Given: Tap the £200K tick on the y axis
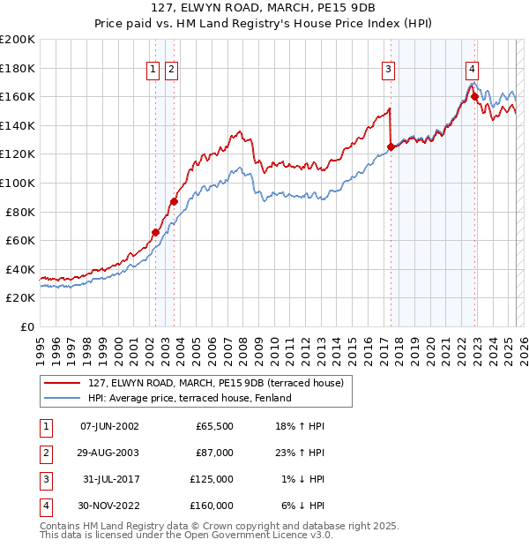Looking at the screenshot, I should (18, 39).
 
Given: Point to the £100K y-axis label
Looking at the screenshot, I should (18, 183).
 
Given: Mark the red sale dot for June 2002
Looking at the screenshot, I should (156, 233).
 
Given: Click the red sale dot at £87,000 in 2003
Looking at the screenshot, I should (175, 202).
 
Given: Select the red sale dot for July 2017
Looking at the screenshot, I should (391, 146).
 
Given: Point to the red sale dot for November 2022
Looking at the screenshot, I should (474, 96).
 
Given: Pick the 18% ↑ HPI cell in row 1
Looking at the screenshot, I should (302, 425).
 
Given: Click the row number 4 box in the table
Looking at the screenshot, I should (45, 506).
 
